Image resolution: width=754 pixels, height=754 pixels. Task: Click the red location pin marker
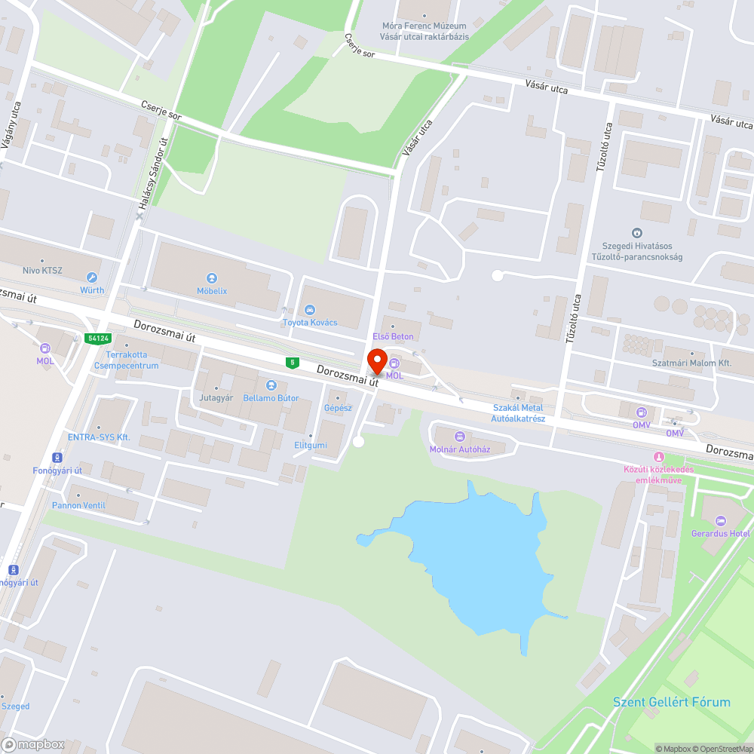376,362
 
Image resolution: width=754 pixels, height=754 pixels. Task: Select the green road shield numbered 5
292,363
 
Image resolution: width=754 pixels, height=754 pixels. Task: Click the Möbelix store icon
212,278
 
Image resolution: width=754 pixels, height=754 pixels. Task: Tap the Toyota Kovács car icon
309,310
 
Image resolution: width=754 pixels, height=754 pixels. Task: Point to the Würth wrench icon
93,277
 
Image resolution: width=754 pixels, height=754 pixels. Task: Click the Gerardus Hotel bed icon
720,521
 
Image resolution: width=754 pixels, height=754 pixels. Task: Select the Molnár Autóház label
460,449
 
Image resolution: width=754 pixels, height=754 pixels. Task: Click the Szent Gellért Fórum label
671,702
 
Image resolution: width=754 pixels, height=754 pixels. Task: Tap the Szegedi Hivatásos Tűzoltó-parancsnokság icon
637,234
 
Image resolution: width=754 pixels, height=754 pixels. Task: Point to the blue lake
483,558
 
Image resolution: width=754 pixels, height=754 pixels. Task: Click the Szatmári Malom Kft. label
691,363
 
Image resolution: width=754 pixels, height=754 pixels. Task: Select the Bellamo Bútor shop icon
271,385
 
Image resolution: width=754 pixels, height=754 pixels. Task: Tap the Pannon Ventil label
78,505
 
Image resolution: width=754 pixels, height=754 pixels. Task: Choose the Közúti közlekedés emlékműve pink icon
659,457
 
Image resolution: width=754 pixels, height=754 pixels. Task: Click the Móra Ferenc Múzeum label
424,26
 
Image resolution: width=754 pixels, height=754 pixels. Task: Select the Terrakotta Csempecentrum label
133,360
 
